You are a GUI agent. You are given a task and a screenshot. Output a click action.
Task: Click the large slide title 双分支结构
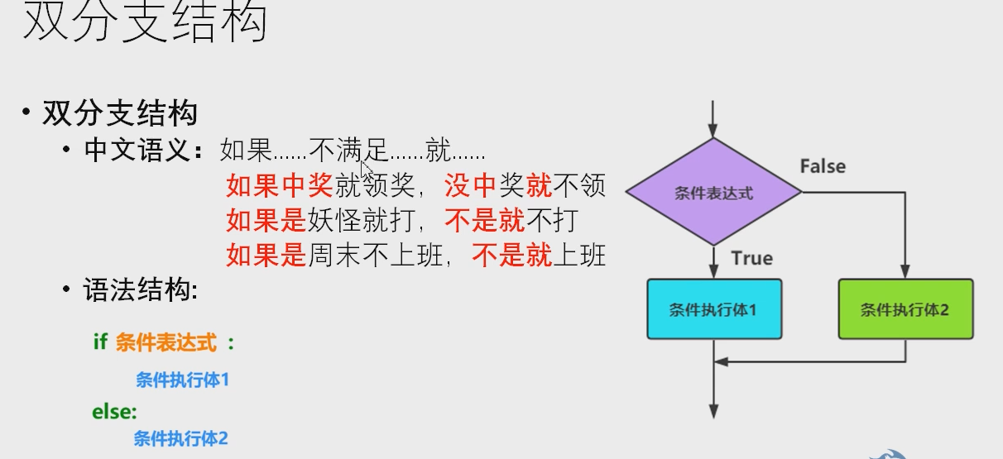coord(145,22)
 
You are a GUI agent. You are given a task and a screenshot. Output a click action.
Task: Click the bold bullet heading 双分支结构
coord(119,112)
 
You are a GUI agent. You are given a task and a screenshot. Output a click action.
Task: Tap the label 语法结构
coord(140,290)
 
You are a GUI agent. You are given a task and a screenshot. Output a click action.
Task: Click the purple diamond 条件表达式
coord(713,193)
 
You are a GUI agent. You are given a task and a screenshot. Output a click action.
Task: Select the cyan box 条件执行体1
coord(713,309)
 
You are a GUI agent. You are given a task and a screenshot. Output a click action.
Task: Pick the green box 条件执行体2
coord(905,309)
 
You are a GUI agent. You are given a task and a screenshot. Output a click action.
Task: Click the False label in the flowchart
coord(823,166)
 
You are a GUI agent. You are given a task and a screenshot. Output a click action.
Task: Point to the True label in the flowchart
coord(751,258)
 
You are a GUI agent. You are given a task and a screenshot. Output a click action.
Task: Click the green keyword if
coord(100,342)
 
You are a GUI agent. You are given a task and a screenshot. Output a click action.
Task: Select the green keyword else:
coord(114,411)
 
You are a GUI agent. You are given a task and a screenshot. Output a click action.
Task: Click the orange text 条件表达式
coord(166,342)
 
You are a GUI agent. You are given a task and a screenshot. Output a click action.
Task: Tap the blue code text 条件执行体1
coord(181,380)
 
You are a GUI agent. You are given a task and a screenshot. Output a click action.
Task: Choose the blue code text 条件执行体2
coord(180,438)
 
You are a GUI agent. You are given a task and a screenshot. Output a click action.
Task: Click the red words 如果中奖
coord(280,186)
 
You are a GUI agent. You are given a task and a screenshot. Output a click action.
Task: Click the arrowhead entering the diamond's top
coord(713,130)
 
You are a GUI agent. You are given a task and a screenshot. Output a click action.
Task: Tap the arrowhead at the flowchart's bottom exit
coord(713,411)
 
